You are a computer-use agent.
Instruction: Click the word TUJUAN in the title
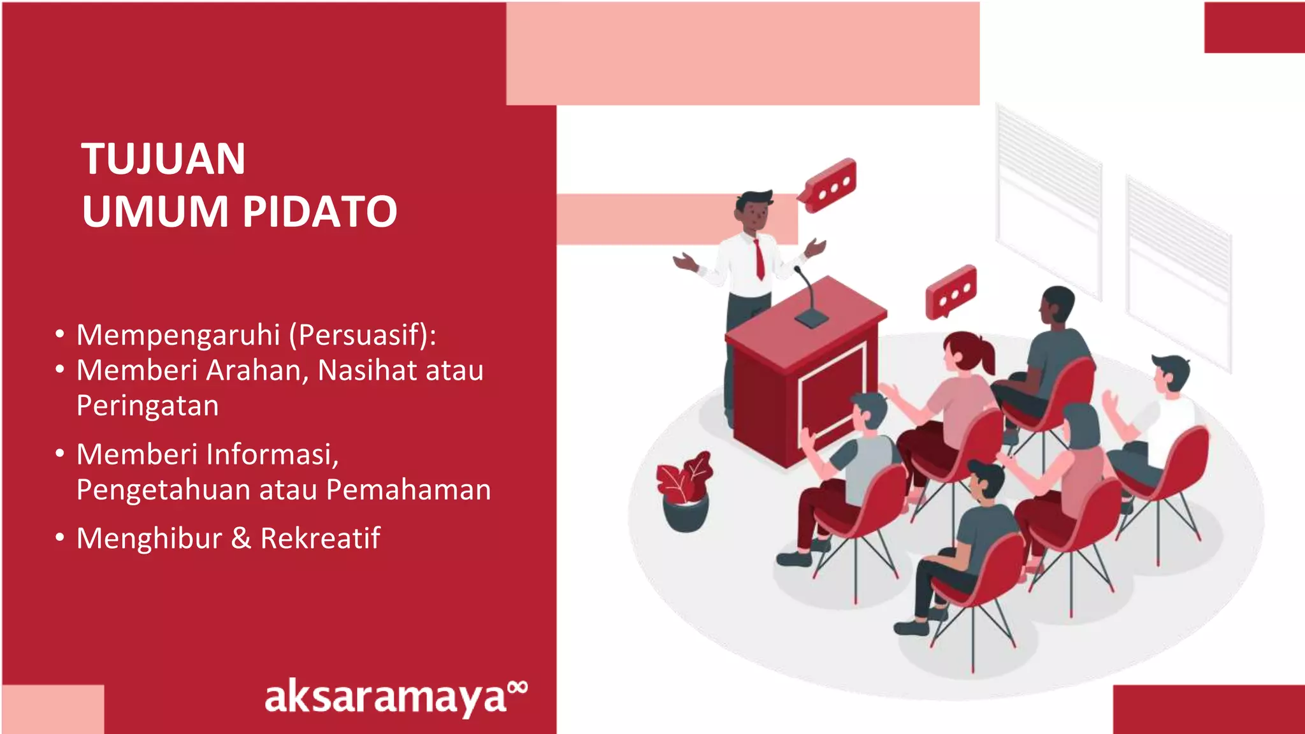pyautogui.click(x=163, y=159)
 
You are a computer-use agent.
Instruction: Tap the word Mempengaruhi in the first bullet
pyautogui.click(x=178, y=335)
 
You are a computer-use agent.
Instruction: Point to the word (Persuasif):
pyautogui.click(x=363, y=335)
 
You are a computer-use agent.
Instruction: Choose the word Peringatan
pyautogui.click(x=147, y=406)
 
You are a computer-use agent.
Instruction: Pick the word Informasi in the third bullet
pyautogui.click(x=271, y=454)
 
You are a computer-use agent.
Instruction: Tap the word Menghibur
pyautogui.click(x=149, y=538)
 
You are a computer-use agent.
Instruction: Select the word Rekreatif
pyautogui.click(x=320, y=538)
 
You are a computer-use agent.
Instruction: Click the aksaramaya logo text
pyautogui.click(x=386, y=698)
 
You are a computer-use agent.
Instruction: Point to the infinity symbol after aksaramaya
pyautogui.click(x=519, y=686)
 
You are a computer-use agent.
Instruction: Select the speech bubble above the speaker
pyautogui.click(x=830, y=185)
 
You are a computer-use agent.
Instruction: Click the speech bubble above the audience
pyautogui.click(x=951, y=291)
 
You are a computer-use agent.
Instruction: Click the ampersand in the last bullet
pyautogui.click(x=241, y=538)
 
